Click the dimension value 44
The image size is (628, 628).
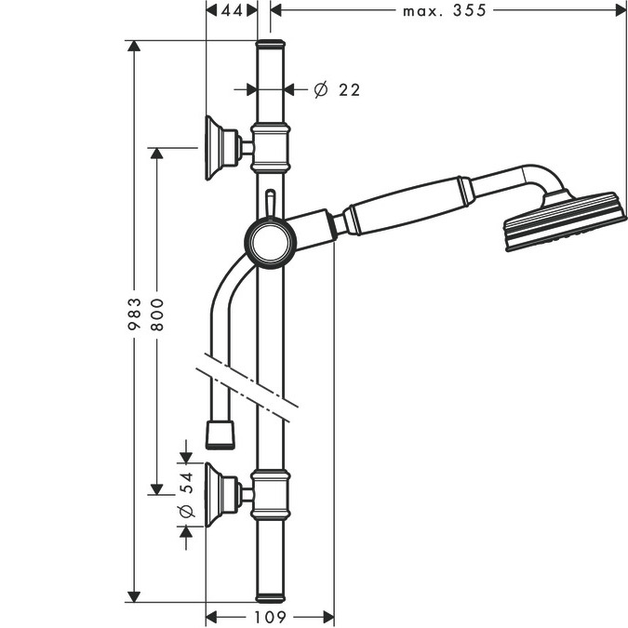tap(232, 11)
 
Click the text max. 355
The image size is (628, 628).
tap(444, 11)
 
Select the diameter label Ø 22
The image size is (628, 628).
tap(337, 89)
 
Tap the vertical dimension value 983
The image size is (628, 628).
tap(135, 314)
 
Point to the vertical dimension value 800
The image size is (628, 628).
tap(157, 314)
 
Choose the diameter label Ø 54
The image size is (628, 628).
tap(186, 495)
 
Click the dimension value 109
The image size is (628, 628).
tap(270, 617)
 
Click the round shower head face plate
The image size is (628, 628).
tap(565, 222)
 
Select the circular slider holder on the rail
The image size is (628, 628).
tap(271, 242)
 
